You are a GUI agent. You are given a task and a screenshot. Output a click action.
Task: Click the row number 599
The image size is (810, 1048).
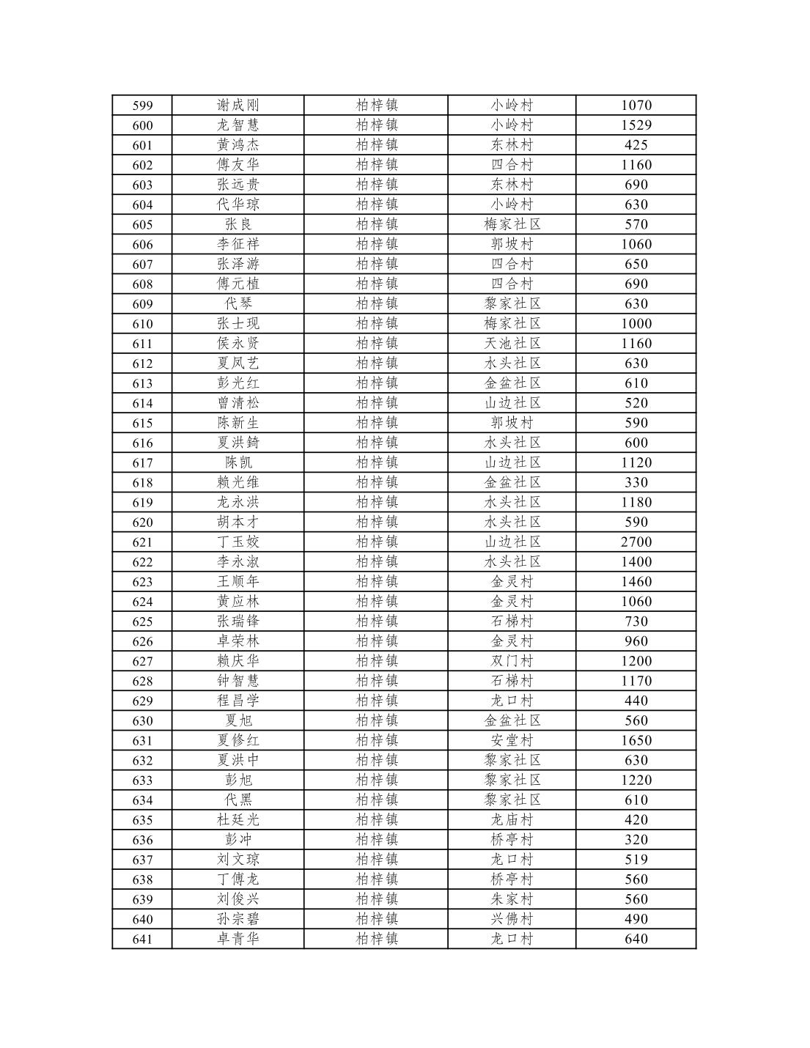pos(142,106)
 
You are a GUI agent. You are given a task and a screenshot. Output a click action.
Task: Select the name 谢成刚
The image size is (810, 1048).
pos(238,106)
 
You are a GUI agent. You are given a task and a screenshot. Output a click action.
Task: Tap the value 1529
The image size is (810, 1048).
pos(636,125)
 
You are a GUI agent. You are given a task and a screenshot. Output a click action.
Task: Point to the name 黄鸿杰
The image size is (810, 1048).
pos(238,145)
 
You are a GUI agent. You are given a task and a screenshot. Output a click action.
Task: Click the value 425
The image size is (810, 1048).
pos(636,145)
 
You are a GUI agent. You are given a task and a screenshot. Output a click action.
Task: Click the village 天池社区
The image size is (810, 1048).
pos(512,344)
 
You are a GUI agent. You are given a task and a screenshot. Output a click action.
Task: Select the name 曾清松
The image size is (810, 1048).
pos(238,403)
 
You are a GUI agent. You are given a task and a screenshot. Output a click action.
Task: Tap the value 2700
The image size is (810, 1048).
pos(636,542)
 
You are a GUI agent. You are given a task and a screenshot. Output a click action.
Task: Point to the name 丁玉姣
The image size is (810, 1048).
pos(238,542)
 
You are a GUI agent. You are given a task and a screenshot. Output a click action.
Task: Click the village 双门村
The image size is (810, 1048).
pos(512,661)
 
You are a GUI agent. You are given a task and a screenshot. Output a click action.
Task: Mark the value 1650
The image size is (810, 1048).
pos(636,741)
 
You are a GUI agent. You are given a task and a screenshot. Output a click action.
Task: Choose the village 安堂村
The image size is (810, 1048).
pos(512,741)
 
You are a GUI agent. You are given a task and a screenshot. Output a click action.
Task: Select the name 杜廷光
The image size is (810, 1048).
pos(238,820)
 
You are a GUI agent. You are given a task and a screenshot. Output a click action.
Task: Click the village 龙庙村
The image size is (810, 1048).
pos(512,820)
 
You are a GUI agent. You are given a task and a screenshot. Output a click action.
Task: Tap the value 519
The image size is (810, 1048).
pos(636,860)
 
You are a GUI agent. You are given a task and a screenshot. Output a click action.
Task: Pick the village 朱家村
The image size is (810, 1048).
pos(512,899)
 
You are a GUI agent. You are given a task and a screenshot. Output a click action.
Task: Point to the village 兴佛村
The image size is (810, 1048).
pos(512,919)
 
